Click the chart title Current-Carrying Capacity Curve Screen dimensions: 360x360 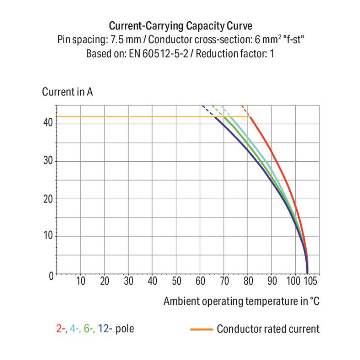180,25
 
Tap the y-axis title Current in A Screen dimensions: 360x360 67,92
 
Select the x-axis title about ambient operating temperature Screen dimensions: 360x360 241,301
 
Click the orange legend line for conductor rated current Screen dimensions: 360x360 201,329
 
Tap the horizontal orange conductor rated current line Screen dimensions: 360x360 144,117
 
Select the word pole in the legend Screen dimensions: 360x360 125,329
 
